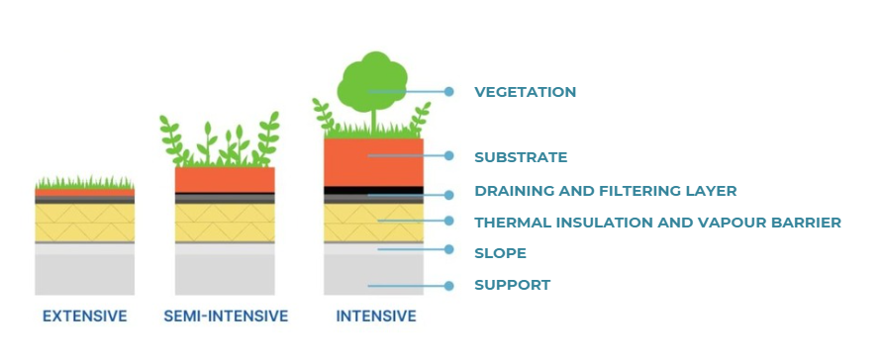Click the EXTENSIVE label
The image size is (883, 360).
[x=84, y=317]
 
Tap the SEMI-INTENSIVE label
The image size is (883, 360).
[x=226, y=317]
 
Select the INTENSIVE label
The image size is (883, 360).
[x=376, y=317]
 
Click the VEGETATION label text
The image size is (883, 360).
[x=525, y=92]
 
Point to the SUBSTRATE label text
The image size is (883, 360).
[x=521, y=156]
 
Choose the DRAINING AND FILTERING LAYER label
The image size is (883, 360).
[x=606, y=191]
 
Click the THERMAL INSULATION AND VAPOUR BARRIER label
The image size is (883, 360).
[x=657, y=223]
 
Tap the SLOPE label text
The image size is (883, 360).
[x=500, y=253]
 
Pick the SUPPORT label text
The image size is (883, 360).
[x=512, y=286]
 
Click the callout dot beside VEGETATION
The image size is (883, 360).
[x=449, y=92]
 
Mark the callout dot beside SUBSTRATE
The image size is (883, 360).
[x=449, y=155]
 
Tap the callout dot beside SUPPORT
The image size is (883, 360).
[x=449, y=286]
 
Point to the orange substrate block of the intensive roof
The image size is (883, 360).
[x=374, y=161]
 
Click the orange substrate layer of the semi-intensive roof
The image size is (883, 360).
[x=225, y=179]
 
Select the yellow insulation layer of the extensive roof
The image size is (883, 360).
[x=84, y=223]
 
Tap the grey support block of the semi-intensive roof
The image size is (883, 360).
[x=225, y=273]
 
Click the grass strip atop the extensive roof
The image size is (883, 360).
[x=84, y=184]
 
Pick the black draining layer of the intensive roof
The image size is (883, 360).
[x=374, y=190]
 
